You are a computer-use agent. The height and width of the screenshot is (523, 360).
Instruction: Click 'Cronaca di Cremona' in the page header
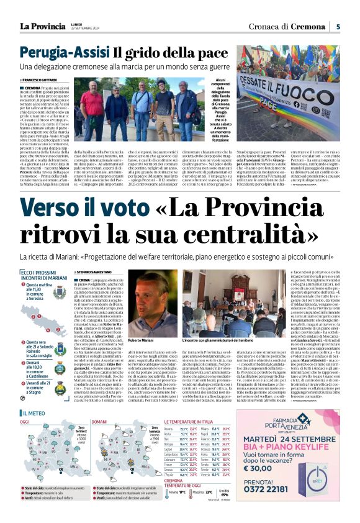coord(286,26)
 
